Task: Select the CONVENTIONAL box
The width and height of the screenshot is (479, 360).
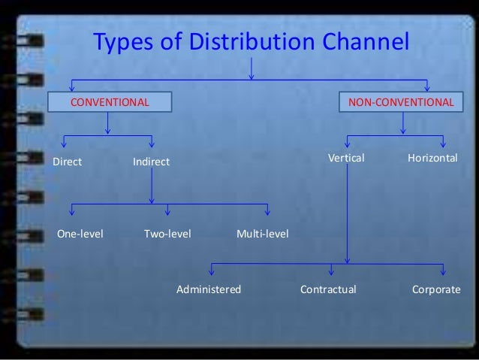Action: pos(110,101)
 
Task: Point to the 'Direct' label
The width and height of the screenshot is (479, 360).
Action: pos(67,162)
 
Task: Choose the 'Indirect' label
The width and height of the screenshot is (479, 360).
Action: pos(151,162)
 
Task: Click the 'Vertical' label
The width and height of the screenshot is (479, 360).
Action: pos(346,159)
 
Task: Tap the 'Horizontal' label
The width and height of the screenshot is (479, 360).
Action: pos(432,159)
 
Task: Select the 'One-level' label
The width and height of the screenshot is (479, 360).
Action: pos(80,234)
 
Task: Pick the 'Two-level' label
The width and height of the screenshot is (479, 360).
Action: pos(167,234)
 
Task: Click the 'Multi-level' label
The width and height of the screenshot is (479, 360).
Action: pos(262,234)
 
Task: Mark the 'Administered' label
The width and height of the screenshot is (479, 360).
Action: pos(209,288)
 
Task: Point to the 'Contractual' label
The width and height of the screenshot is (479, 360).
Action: pos(328,288)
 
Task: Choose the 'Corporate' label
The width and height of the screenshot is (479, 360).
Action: pos(436,288)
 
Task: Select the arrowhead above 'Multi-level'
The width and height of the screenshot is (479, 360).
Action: pos(268,214)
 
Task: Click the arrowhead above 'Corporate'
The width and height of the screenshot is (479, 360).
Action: pos(444,271)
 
